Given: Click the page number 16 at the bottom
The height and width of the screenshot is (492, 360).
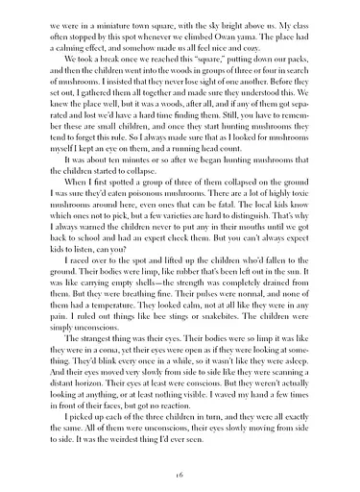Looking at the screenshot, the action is (x=180, y=475).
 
